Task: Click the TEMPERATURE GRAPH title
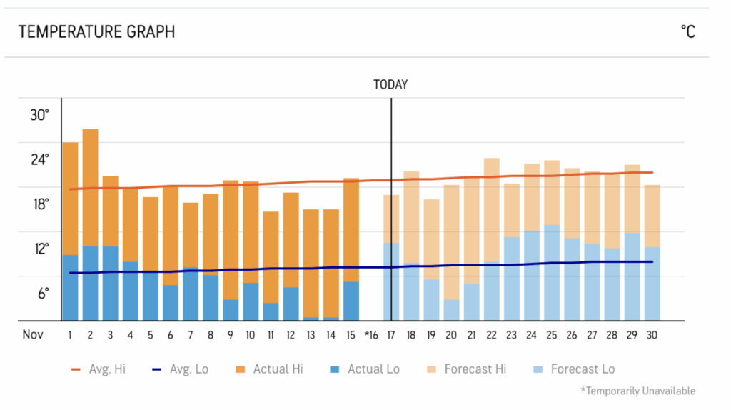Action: coord(96,31)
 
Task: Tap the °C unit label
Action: coord(687,31)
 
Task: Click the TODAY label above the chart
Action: coord(390,84)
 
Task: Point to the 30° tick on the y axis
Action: coord(40,115)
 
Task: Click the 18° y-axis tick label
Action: coord(40,204)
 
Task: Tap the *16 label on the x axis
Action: coord(370,334)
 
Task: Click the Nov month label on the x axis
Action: coord(33,334)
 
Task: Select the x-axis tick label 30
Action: coord(651,334)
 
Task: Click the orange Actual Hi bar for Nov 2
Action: coord(90,186)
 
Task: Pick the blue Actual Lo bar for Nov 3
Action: coord(110,283)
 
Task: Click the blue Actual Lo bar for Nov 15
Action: coord(351,301)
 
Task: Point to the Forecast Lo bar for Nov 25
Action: coord(551,272)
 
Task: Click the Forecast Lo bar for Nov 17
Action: coord(391,281)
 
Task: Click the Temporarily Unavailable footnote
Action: coord(637,391)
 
